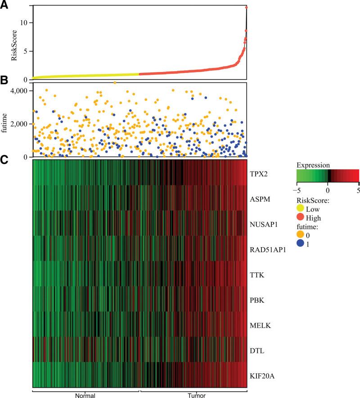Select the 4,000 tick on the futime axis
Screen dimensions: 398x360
coord(21,91)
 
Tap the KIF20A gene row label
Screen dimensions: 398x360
coord(263,374)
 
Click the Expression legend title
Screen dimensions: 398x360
coord(310,165)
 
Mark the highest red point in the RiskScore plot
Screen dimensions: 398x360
coord(247,8)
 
